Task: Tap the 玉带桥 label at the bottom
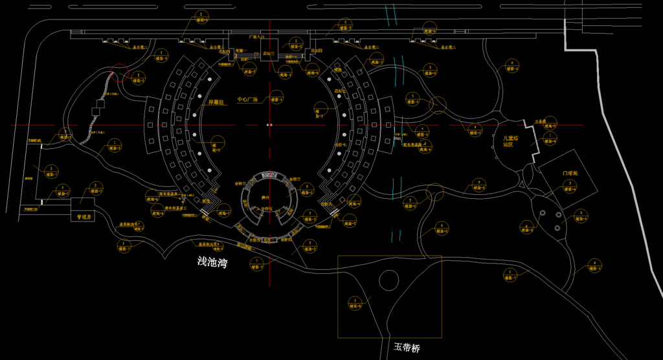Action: coord(407,348)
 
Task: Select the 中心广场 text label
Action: coord(247,100)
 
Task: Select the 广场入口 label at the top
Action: coord(258,38)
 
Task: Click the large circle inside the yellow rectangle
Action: coord(388,280)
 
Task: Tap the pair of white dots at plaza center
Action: coord(270,124)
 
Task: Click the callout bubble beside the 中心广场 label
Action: coord(276,100)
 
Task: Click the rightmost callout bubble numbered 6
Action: coord(594,265)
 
